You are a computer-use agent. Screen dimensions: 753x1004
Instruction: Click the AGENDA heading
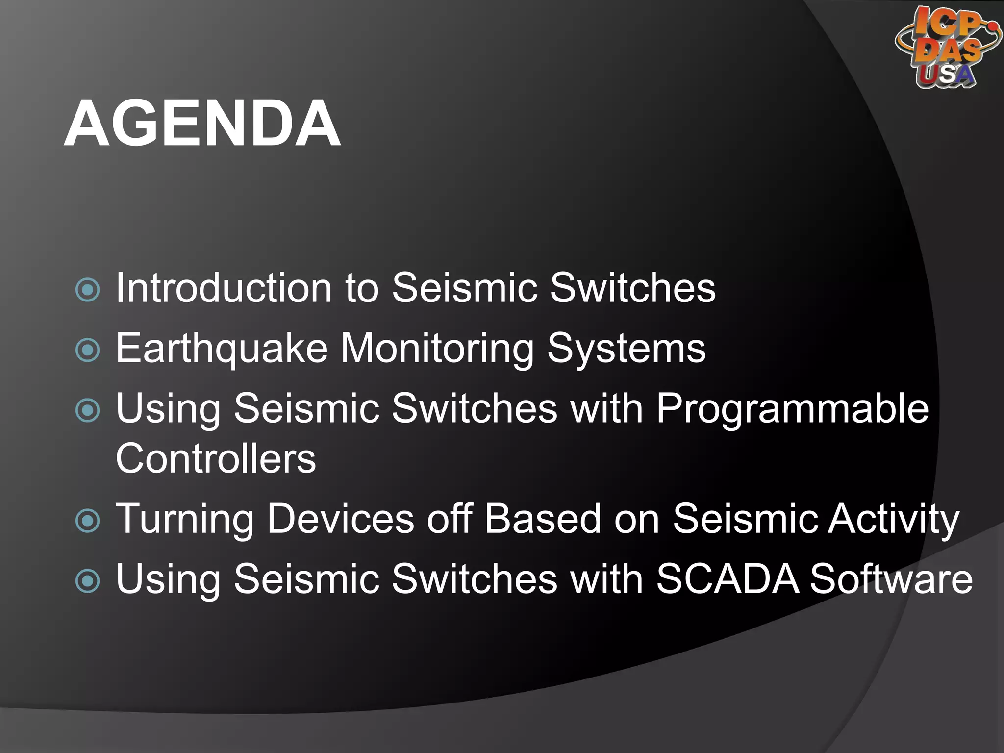tap(202, 123)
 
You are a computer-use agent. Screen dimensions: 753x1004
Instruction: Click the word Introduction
tap(224, 288)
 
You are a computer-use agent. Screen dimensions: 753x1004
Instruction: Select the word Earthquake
tap(222, 349)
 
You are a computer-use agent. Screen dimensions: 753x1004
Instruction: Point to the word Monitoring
tap(437, 349)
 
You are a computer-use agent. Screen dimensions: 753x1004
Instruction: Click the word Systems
tap(626, 349)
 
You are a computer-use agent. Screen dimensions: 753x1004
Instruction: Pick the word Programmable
tap(792, 409)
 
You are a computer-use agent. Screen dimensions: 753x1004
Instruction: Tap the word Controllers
tap(216, 459)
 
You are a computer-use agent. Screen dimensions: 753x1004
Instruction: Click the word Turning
tap(184, 519)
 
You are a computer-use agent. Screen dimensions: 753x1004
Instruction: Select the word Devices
tap(341, 519)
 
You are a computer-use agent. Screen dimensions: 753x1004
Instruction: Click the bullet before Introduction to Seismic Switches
tap(88, 290)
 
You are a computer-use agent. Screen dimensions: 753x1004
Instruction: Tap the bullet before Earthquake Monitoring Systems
tap(88, 350)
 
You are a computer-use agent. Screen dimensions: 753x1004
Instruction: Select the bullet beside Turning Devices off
tap(88, 521)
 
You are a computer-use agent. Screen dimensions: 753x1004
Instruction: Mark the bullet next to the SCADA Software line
tap(88, 581)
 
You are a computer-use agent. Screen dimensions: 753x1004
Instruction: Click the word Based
tap(543, 519)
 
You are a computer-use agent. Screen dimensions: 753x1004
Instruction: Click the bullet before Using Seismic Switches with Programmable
tap(88, 410)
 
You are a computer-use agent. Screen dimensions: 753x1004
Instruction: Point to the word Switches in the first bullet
tap(632, 288)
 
